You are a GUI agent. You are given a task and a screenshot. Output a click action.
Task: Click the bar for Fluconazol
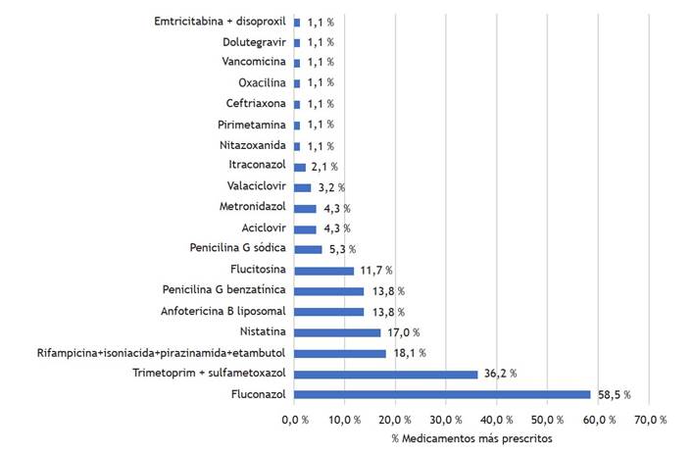(441, 394)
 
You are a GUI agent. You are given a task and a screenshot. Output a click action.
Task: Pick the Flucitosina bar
(323, 270)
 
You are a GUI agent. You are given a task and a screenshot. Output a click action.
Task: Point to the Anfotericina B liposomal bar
(328, 312)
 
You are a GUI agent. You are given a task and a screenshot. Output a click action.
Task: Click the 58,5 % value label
(613, 394)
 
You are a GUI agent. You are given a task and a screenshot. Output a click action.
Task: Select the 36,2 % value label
(499, 374)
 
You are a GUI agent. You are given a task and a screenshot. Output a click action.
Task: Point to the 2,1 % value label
(325, 167)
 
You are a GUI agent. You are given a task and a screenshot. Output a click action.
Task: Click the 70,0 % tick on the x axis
(650, 419)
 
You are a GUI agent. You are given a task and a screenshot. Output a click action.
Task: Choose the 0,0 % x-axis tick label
(293, 419)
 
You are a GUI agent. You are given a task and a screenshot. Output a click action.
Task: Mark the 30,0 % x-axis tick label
(446, 419)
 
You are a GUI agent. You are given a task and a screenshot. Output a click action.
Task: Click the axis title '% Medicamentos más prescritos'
(471, 437)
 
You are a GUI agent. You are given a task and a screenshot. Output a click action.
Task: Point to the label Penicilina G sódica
(238, 249)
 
